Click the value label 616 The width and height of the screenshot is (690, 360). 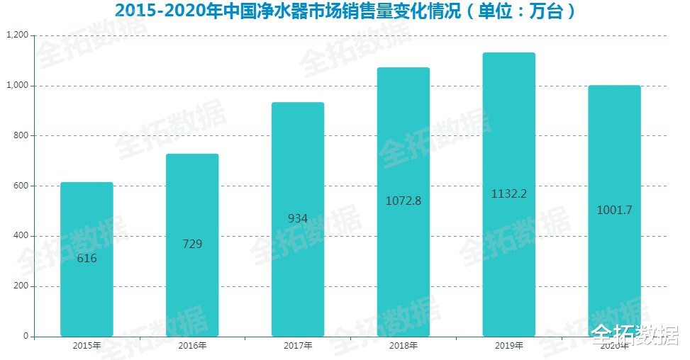click(x=87, y=259)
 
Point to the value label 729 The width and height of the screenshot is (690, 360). click(x=192, y=244)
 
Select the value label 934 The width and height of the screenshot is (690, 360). click(x=298, y=219)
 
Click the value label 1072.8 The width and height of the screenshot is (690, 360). click(x=403, y=201)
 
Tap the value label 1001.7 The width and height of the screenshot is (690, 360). click(x=614, y=210)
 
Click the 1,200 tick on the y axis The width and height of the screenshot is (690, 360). click(x=17, y=35)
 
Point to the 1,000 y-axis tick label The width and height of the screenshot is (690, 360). click(x=17, y=86)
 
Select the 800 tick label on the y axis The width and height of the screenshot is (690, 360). click(x=21, y=136)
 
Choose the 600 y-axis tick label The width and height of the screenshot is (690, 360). click(x=21, y=186)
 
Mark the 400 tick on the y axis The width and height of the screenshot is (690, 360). click(x=21, y=236)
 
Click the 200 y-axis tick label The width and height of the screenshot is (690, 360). click(x=21, y=286)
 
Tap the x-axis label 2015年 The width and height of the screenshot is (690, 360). click(x=87, y=346)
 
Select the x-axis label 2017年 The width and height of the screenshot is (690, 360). click(x=298, y=346)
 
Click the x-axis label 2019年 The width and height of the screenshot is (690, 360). click(x=508, y=346)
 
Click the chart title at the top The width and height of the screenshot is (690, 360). click(x=345, y=11)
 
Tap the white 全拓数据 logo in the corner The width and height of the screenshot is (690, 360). click(x=635, y=335)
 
